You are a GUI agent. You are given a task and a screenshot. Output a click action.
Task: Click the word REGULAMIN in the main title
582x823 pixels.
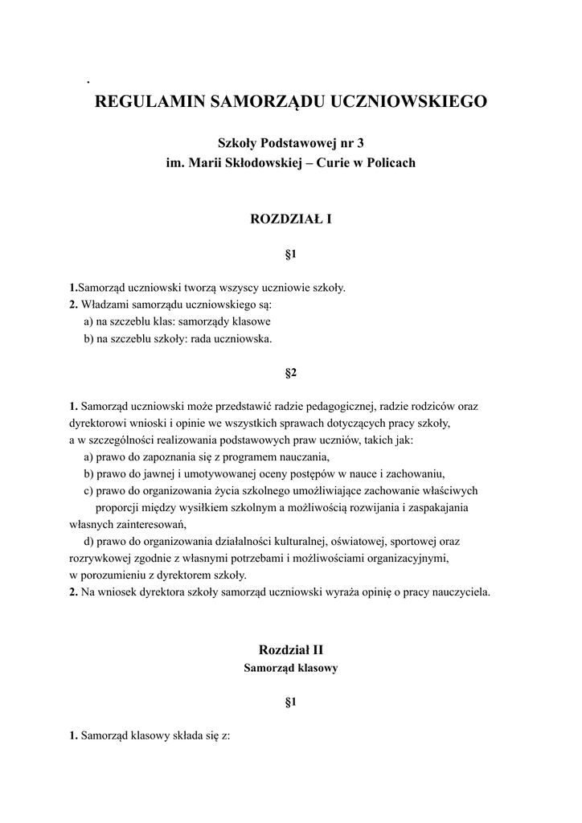point(150,102)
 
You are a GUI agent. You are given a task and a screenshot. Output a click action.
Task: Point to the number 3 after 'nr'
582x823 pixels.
point(359,143)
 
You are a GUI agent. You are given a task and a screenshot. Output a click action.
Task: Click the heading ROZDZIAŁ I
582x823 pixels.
point(291,218)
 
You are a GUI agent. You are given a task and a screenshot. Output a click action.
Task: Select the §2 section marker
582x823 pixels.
point(291,373)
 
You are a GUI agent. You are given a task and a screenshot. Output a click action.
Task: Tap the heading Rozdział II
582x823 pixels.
point(291,649)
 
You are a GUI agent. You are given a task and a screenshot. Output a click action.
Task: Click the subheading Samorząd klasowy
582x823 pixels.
point(291,668)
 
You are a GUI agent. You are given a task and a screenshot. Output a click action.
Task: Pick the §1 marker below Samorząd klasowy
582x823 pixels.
point(291,702)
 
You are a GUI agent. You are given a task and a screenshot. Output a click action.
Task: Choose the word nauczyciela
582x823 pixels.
point(461,592)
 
